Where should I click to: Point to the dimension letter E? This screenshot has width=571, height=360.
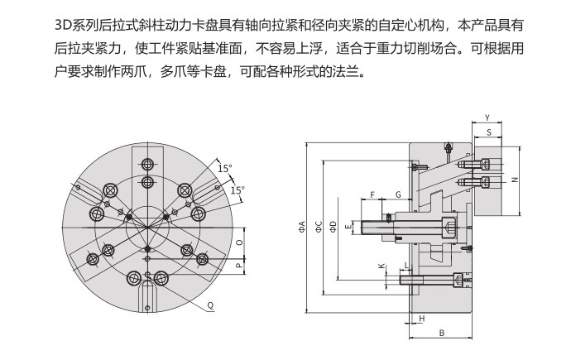(x=349, y=224)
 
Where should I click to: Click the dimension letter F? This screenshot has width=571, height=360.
(x=373, y=194)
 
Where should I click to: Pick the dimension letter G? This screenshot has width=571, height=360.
(x=398, y=194)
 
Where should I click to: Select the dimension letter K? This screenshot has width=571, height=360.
(x=380, y=266)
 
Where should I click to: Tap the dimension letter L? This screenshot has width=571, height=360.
(x=405, y=266)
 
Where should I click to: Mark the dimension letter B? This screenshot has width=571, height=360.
(x=442, y=333)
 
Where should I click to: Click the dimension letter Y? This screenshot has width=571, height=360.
(x=487, y=117)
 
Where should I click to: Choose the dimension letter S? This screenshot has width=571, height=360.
(x=489, y=131)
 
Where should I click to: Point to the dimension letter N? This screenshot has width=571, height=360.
(x=515, y=179)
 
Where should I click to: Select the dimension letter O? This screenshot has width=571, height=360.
(x=239, y=243)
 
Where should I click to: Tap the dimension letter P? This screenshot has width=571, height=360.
(x=239, y=266)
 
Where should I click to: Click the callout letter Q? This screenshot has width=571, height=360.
(x=211, y=305)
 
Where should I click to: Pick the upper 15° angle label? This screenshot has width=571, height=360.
(x=224, y=168)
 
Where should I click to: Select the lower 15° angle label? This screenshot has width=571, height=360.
(x=238, y=190)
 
